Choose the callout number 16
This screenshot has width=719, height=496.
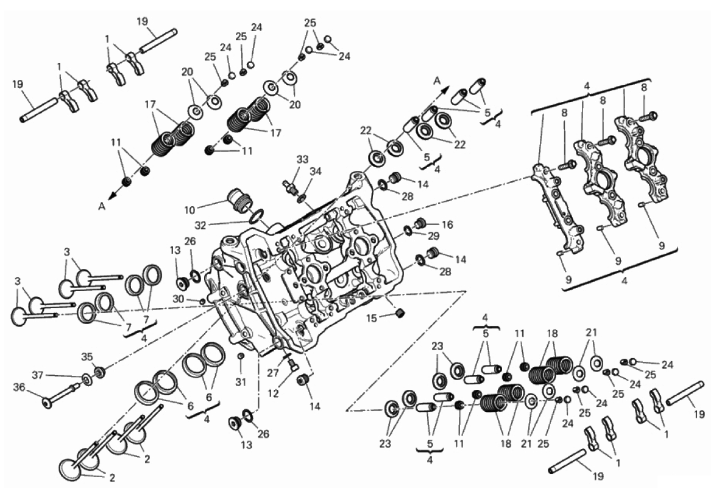447,225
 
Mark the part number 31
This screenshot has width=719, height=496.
241,382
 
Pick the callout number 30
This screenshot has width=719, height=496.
177,298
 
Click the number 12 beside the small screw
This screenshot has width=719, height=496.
274,394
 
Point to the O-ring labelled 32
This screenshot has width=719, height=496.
257,215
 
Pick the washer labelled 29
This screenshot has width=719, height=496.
408,231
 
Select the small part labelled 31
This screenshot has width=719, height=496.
241,356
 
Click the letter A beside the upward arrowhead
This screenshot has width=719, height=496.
437,79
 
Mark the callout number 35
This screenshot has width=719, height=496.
88,356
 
